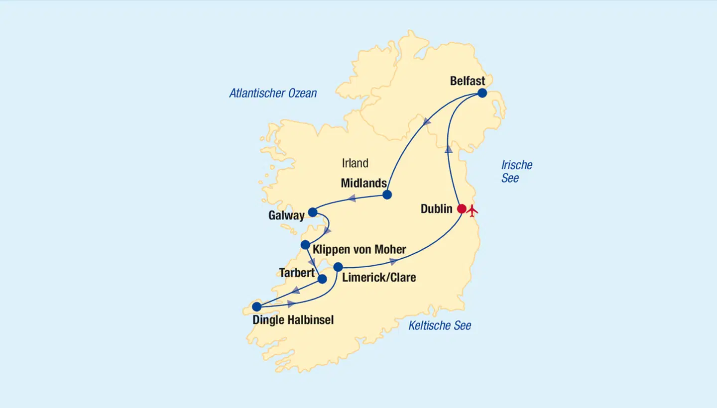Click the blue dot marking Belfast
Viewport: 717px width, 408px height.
(482, 93)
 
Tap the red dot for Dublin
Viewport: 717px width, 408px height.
(462, 209)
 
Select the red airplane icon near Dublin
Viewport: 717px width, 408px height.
(473, 209)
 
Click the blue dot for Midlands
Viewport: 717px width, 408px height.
(387, 195)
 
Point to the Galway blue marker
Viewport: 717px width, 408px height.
(313, 212)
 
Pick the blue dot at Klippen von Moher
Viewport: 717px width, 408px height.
(305, 245)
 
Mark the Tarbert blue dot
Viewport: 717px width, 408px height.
(322, 279)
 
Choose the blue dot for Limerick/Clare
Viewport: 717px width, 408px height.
(338, 267)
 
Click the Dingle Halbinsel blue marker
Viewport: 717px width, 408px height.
(256, 306)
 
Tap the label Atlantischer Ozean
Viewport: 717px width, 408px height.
(273, 93)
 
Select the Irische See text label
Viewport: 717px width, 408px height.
(516, 172)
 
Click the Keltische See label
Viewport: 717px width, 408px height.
(440, 326)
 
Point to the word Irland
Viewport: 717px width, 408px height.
(355, 163)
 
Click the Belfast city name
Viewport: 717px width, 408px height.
(467, 81)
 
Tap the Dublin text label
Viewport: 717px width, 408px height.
(436, 209)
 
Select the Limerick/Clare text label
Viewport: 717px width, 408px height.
(379, 278)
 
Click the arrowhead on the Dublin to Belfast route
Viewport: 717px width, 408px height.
(449, 148)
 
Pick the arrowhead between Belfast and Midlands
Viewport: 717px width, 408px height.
(426, 121)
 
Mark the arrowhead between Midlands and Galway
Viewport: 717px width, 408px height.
(351, 198)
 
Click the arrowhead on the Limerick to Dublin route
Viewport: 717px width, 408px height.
(393, 261)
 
